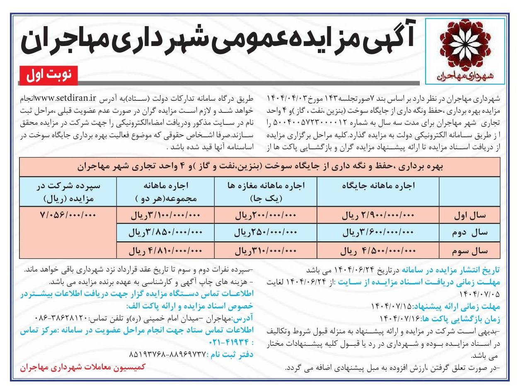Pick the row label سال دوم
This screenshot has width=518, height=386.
point(475,233)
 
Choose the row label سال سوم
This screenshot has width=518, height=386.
point(475,250)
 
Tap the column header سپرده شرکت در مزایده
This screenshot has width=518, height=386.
point(68,192)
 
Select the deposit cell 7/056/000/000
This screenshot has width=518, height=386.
point(68,216)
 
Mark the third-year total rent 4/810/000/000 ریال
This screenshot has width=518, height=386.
point(166,250)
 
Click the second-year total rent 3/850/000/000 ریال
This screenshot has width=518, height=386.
point(166,233)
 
